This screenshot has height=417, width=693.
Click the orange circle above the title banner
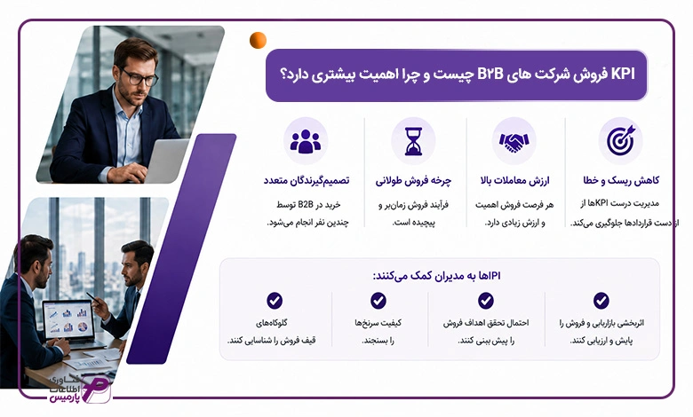point(258,40)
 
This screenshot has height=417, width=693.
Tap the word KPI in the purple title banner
point(622,75)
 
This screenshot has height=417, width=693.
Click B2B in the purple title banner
point(490,75)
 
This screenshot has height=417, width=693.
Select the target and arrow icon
point(620,140)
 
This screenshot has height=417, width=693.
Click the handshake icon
point(514,142)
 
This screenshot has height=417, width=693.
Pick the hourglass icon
point(413,141)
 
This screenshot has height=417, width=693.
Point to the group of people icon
point(306,141)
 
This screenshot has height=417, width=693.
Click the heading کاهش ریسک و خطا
point(621,180)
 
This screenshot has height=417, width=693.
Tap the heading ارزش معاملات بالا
point(514,180)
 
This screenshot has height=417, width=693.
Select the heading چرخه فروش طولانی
point(413,181)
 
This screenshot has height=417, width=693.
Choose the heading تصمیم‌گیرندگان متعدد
point(307,180)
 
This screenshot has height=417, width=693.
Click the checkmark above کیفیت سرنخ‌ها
point(378,301)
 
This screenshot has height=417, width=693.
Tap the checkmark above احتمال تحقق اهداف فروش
point(486,301)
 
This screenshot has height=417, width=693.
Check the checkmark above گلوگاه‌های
point(275,301)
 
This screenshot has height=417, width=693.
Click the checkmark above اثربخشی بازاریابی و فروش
point(601,301)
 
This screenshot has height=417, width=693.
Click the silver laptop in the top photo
point(166,160)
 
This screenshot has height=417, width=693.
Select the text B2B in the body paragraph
point(306,204)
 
